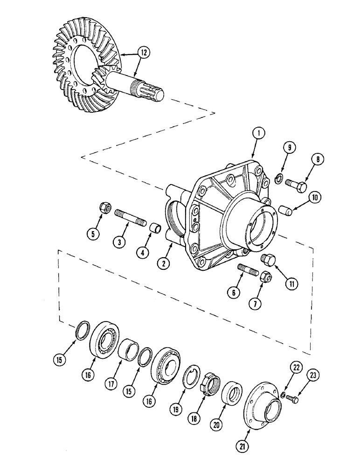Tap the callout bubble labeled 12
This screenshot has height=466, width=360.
pyautogui.click(x=144, y=53)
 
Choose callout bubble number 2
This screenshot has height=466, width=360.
pyautogui.click(x=164, y=263)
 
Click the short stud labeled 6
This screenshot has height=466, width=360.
pyautogui.click(x=247, y=270)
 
